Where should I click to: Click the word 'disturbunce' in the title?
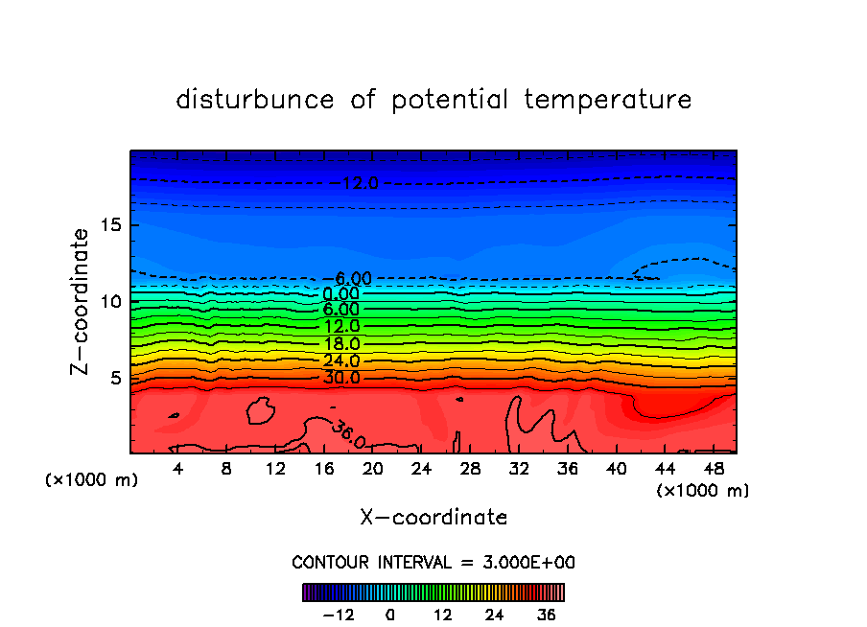(255, 100)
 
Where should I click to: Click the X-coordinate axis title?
(433, 518)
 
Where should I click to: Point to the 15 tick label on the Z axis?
(109, 226)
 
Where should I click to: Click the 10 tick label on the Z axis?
(109, 302)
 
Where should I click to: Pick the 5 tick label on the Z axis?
(114, 378)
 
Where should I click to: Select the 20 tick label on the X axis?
(373, 469)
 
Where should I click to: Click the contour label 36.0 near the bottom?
(348, 435)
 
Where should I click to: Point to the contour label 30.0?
(341, 378)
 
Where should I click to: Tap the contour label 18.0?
(341, 343)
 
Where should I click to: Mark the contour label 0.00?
(341, 293)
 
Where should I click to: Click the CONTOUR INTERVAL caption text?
(433, 562)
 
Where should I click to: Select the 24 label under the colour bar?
(494, 615)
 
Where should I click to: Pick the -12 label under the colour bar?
(338, 615)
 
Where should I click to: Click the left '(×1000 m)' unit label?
(92, 480)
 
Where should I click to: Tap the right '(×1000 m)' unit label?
(703, 491)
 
